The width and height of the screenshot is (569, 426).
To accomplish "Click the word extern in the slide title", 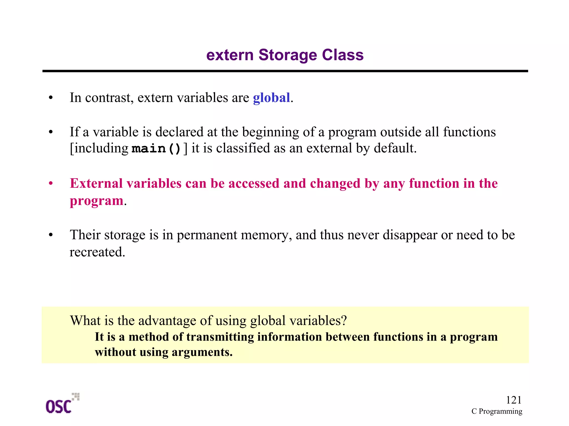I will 230,55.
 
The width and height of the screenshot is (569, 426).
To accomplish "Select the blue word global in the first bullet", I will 271,98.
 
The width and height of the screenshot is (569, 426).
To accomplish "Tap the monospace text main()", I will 156,149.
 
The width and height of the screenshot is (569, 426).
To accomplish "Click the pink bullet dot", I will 51,184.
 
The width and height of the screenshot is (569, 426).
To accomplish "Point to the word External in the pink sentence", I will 96,184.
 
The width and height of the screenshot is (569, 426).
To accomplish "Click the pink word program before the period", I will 96,201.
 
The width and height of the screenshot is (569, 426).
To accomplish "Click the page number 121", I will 513,400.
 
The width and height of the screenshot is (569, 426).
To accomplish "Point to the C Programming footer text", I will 497,411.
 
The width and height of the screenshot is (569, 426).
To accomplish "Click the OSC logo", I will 62,404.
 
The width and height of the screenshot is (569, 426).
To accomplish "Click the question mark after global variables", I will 344,321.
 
